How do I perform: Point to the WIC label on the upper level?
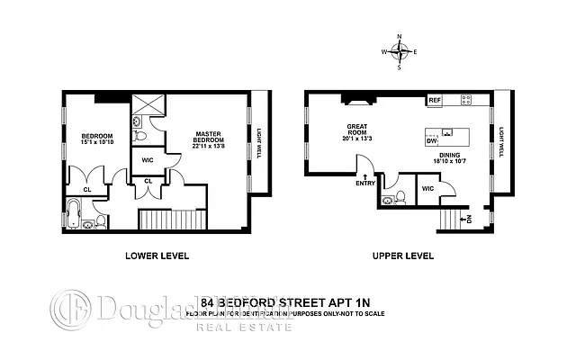(427, 189)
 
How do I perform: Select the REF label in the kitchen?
(434, 100)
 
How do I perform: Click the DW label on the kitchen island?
(431, 142)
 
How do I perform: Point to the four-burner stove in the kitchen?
(469, 99)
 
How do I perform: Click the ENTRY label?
(366, 183)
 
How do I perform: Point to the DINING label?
(451, 155)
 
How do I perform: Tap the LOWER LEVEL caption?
(156, 256)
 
